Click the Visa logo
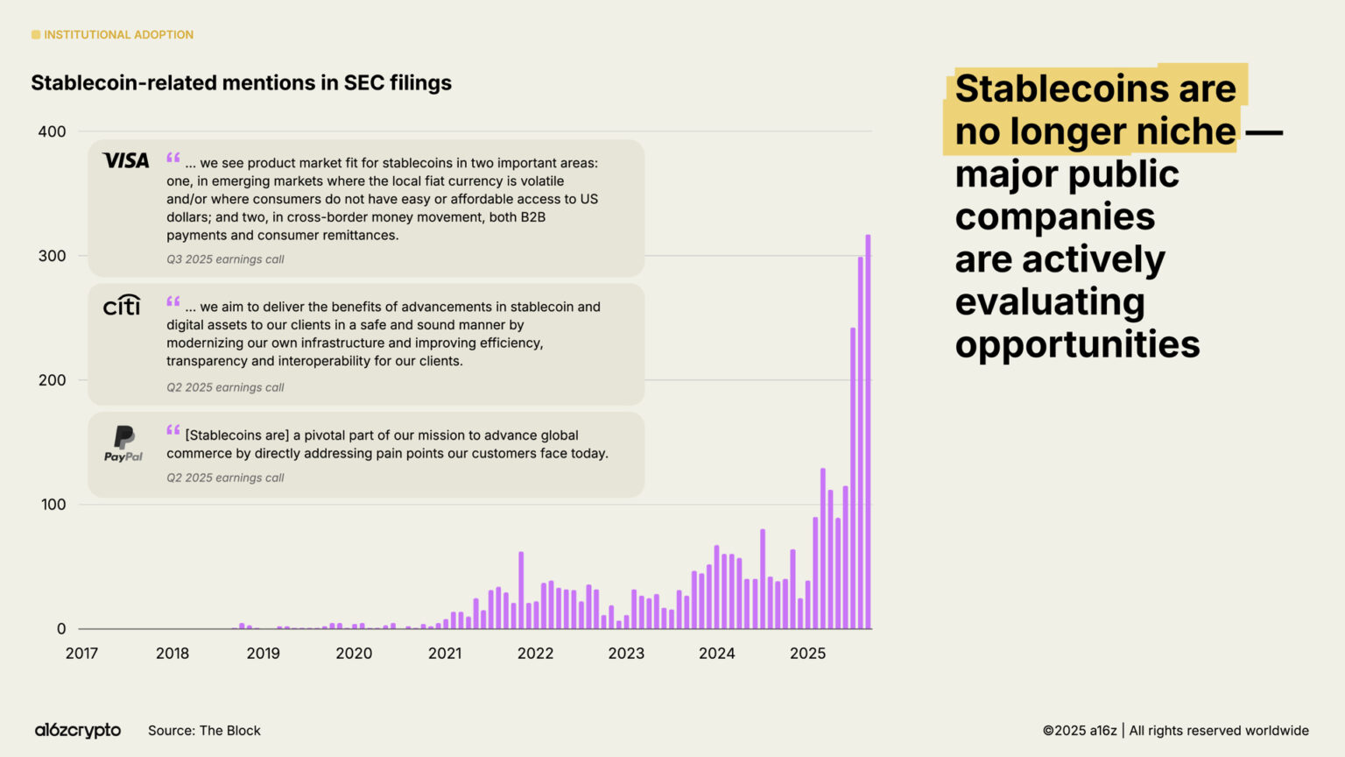[126, 160]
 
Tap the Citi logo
[122, 305]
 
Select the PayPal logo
[123, 443]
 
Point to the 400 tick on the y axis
[52, 131]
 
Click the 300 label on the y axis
[52, 256]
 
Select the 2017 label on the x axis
[81, 653]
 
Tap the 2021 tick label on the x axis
[445, 653]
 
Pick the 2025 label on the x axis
[807, 653]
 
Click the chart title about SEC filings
[242, 83]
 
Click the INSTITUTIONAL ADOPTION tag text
[118, 35]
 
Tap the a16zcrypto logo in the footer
[78, 730]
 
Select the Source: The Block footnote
[204, 731]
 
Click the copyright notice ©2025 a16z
[1080, 731]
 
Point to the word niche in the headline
[1186, 131]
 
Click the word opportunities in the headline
[1077, 344]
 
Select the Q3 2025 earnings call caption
[225, 259]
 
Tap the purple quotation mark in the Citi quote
[173, 301]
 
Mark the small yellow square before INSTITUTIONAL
[36, 35]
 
